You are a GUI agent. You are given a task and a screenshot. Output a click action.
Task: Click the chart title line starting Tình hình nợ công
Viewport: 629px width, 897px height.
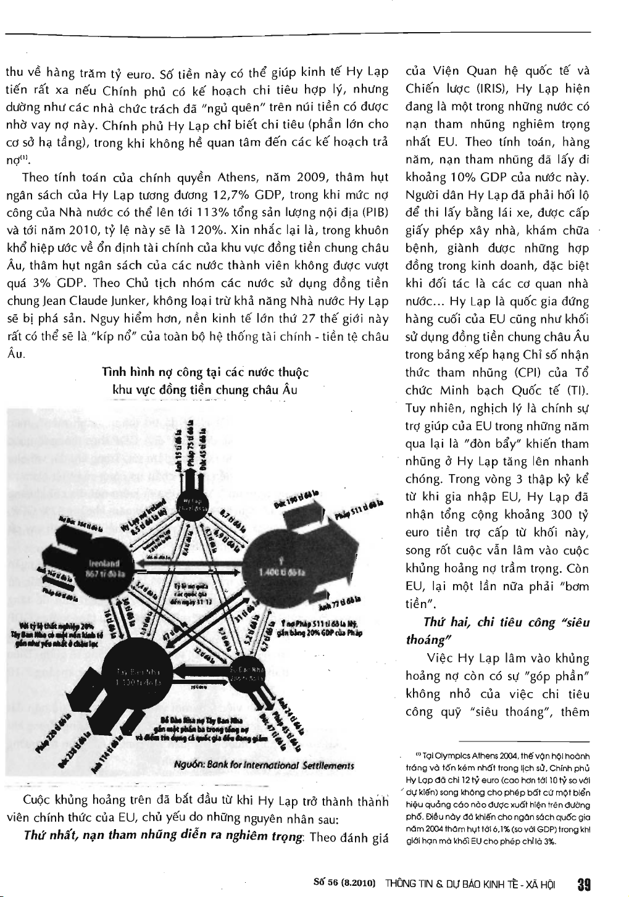tap(206, 373)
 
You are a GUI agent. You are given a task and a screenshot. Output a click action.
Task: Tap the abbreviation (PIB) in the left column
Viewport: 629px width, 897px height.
tap(375, 214)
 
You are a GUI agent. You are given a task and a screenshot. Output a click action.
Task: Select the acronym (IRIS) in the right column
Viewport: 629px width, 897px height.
tap(492, 88)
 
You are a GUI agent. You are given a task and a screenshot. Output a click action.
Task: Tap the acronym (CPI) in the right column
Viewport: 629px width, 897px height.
tap(529, 373)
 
